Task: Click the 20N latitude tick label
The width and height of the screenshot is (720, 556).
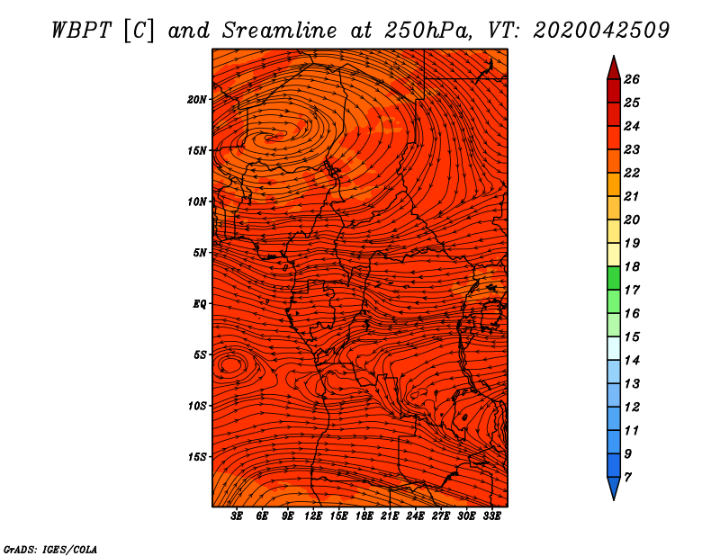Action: pos(197,100)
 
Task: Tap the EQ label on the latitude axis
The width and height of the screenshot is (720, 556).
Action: pos(199,304)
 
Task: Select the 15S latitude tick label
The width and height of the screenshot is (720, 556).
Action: pos(197,457)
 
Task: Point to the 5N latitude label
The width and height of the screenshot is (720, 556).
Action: pos(200,253)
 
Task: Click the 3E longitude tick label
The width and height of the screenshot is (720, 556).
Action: pos(237,516)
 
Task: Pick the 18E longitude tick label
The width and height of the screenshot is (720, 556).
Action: pos(364,516)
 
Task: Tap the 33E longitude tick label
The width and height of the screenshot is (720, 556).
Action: pos(491,516)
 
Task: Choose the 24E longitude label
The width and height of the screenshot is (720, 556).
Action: pos(415,516)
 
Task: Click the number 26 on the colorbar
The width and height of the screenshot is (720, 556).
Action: pos(632,79)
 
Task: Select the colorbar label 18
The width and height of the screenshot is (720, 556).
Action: pos(632,266)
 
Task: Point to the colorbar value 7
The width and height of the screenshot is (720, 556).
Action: pos(627,478)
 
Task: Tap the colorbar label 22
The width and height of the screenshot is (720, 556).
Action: pos(632,173)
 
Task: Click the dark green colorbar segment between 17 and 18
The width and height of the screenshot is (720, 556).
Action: pos(614,278)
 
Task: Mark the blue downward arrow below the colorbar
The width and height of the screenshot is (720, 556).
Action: pos(614,487)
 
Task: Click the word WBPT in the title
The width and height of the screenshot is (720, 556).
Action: pos(81,31)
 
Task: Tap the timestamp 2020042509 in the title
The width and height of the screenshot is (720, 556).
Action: pos(601,31)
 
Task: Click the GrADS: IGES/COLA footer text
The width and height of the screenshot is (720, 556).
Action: pos(50,549)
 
